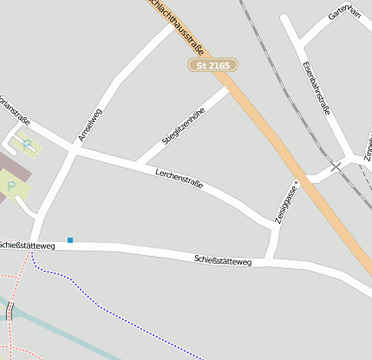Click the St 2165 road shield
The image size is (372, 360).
[x=212, y=65]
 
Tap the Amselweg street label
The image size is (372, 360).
[x=89, y=125]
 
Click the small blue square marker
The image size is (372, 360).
[x=70, y=240]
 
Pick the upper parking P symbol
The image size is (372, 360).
[x=27, y=145]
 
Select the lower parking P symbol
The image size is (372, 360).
[x=10, y=186]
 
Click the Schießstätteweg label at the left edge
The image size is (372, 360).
[x=27, y=245]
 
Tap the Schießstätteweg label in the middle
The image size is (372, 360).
[x=222, y=259]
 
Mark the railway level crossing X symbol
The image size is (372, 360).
[x=336, y=166]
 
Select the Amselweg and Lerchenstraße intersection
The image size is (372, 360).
[x=73, y=149]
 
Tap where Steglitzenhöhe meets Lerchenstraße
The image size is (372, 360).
[x=136, y=162]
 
